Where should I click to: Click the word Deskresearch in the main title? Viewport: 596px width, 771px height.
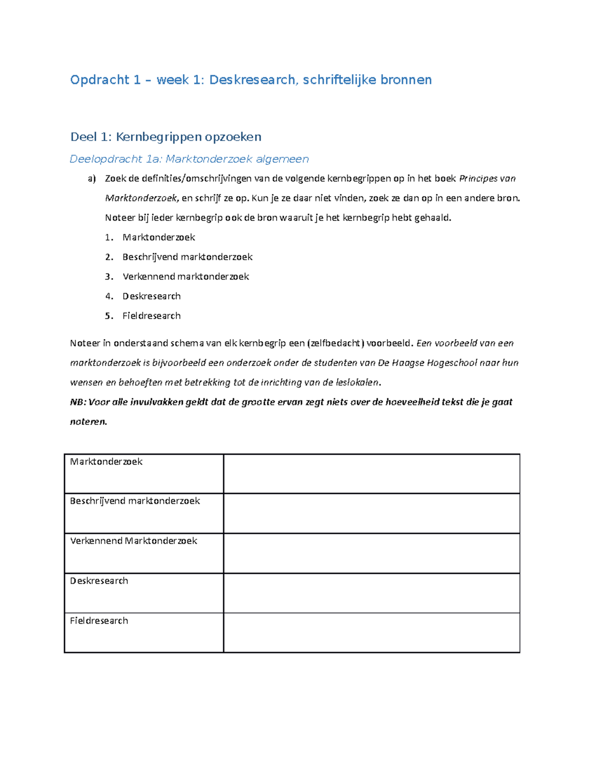[252, 80]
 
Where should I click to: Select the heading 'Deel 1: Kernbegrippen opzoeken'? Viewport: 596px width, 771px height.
[165, 137]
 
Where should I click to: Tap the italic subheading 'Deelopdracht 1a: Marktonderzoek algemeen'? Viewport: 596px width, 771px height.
[189, 159]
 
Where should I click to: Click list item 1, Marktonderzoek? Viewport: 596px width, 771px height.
[158, 237]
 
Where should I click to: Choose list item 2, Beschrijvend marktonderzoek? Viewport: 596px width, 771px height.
[187, 257]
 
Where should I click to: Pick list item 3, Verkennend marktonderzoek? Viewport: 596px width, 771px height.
[185, 277]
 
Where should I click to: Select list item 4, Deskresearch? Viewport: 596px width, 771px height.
[151, 296]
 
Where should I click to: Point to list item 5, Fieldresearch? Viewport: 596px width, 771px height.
[151, 316]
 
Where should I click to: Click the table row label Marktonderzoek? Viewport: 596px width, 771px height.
[106, 462]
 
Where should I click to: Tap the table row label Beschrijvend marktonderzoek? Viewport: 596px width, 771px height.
[135, 501]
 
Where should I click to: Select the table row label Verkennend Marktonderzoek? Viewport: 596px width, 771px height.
[134, 541]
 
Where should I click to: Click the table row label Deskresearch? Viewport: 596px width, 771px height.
[99, 581]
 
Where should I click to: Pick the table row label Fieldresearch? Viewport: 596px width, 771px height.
[99, 621]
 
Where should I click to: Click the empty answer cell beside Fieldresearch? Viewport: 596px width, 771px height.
[372, 632]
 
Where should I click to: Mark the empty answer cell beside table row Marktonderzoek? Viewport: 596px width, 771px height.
[372, 474]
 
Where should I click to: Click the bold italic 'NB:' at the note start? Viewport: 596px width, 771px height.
[77, 402]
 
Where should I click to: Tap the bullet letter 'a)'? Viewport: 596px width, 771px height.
[91, 179]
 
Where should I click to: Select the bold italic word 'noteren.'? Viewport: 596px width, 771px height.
[88, 422]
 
